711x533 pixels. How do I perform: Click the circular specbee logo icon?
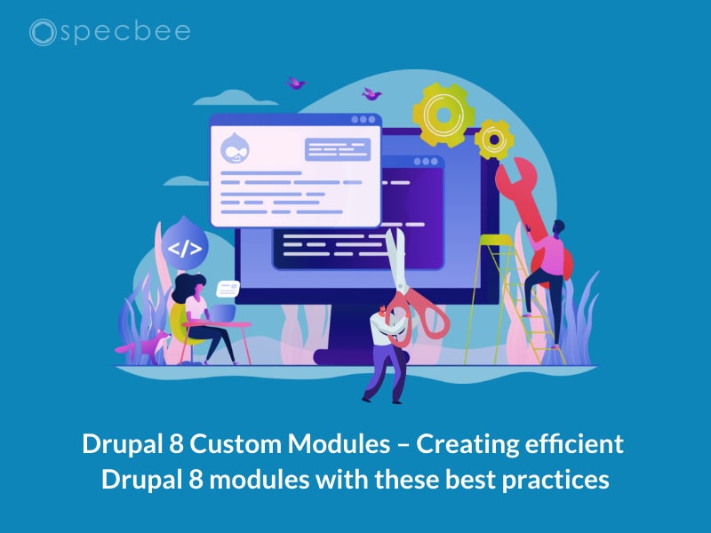(42, 33)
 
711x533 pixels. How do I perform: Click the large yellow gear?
(443, 114)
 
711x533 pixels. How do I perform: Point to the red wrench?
(525, 199)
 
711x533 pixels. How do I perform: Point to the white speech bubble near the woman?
(228, 289)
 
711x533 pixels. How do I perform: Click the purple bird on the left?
(296, 83)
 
